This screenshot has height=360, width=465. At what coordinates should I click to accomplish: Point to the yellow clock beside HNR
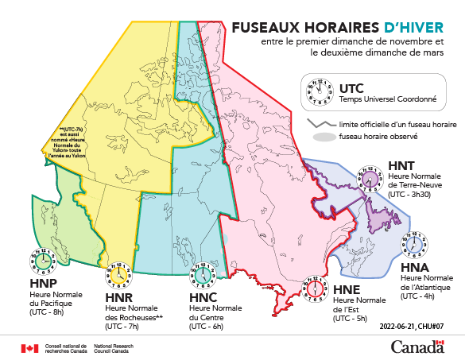click(117, 275)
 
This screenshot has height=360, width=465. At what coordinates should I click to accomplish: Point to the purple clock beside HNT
click(370, 176)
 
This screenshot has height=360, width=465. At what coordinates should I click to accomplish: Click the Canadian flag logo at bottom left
click(29, 347)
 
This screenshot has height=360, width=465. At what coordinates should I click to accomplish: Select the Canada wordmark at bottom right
click(417, 346)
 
